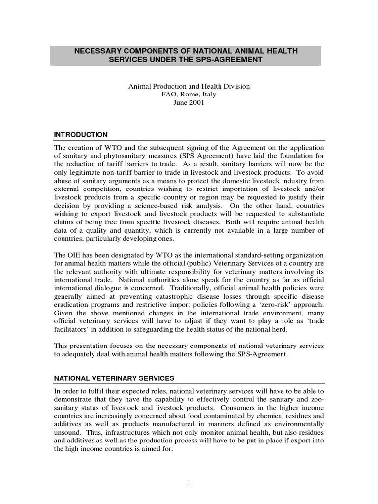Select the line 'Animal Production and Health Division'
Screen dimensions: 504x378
189,86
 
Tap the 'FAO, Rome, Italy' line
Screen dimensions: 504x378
189,94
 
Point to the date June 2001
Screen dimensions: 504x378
189,103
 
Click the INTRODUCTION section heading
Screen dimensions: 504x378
81,134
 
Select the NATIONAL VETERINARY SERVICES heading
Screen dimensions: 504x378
114,378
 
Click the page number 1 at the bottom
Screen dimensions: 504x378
189,483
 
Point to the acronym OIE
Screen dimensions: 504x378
74,255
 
